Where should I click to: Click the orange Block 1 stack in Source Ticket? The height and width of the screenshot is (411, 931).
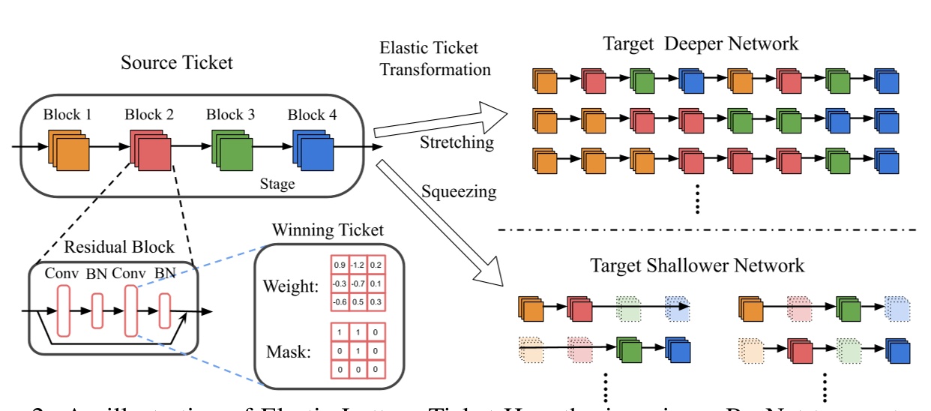point(69,148)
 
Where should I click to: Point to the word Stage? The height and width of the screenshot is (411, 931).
point(277,183)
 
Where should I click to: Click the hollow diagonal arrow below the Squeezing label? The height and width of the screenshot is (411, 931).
point(442,232)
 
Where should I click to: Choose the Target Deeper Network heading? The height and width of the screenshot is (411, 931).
point(701,43)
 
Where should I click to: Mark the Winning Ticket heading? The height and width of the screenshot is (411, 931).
point(328,229)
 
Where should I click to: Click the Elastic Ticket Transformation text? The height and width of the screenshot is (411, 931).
point(436,59)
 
